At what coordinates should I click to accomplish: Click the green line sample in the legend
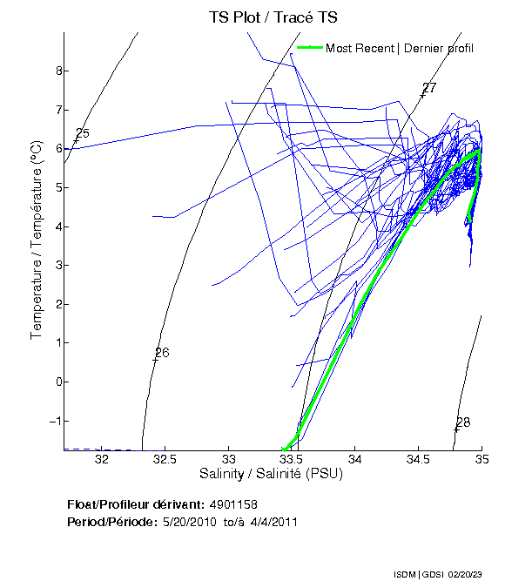[310, 48]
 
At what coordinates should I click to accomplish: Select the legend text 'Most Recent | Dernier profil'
[400, 48]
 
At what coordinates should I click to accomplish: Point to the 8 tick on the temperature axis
[51, 71]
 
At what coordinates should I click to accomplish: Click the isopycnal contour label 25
[83, 134]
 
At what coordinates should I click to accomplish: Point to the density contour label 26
[161, 353]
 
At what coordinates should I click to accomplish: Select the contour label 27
[428, 89]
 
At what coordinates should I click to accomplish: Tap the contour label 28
[462, 422]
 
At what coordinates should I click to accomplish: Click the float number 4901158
[233, 505]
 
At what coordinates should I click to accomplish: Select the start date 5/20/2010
[188, 522]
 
